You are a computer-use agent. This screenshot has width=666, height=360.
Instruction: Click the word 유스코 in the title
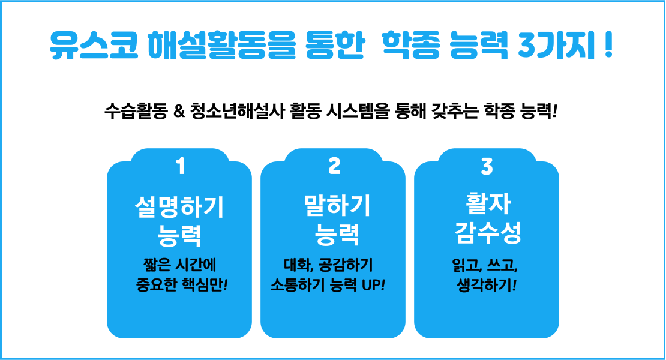click(x=94, y=44)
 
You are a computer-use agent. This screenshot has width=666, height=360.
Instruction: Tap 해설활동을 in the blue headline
click(x=221, y=44)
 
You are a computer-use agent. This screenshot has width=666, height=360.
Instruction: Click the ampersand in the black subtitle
click(x=179, y=112)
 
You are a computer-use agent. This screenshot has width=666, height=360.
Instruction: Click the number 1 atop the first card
click(x=181, y=166)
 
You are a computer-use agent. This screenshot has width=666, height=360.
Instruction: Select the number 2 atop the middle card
click(x=335, y=166)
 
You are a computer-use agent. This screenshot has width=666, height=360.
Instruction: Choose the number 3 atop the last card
click(x=487, y=166)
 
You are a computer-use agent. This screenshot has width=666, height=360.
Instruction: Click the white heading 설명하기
click(x=179, y=207)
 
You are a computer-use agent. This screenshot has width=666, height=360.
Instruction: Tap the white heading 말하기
click(x=337, y=205)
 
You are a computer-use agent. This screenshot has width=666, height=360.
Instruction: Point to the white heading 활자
click(x=488, y=203)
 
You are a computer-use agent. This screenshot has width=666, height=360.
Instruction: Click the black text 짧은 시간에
click(x=179, y=265)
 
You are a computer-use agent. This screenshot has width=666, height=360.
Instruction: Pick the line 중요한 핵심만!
click(x=182, y=284)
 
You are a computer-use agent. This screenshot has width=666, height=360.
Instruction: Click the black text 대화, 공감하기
click(x=328, y=265)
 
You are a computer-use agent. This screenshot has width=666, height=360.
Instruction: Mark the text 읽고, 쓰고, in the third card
click(x=485, y=265)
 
